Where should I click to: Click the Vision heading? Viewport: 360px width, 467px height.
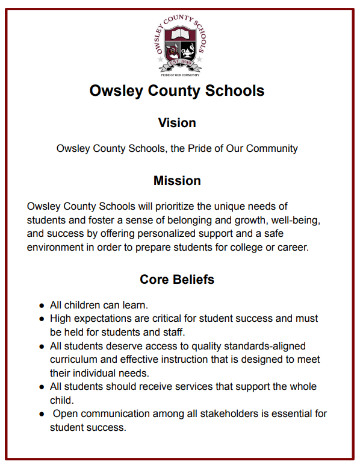click(x=177, y=123)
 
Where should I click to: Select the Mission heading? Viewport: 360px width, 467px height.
click(x=177, y=181)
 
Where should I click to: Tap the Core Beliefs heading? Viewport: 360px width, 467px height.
click(x=177, y=280)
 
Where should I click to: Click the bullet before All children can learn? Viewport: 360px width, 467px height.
click(x=42, y=306)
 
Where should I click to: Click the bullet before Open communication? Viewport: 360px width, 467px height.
click(x=42, y=415)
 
